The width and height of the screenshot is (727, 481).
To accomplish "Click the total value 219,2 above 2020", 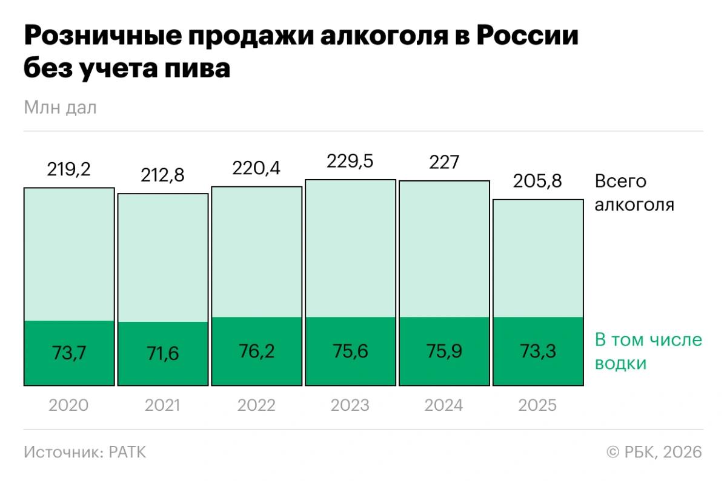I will [68, 169].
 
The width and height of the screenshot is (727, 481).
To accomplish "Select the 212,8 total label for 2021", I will [162, 175].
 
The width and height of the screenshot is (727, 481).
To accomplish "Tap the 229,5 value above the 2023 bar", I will [350, 162].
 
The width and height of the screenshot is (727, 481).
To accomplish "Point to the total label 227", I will [443, 162].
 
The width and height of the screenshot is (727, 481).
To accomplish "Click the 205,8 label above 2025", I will [538, 181].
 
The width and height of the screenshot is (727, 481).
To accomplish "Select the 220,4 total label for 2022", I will [256, 168].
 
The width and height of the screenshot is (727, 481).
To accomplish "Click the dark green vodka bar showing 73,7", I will [69, 353].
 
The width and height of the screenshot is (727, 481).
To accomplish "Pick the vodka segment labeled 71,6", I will [162, 353].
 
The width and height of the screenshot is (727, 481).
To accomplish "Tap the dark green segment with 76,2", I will [256, 352].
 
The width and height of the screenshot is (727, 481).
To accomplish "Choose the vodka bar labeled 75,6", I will [350, 352].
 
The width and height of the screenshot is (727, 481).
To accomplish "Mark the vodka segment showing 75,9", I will [443, 352].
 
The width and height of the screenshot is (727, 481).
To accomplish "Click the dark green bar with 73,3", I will [538, 352].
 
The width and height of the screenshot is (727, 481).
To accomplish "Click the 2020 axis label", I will [68, 405].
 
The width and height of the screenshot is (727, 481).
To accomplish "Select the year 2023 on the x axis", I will [350, 405].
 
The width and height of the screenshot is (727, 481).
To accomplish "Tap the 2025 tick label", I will [538, 405].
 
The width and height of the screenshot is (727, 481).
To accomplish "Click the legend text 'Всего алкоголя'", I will [634, 193].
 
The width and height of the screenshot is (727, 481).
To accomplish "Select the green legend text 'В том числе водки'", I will [648, 352].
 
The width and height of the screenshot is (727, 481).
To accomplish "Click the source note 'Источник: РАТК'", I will [85, 453].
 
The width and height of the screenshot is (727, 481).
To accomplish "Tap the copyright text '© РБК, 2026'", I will [654, 453].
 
